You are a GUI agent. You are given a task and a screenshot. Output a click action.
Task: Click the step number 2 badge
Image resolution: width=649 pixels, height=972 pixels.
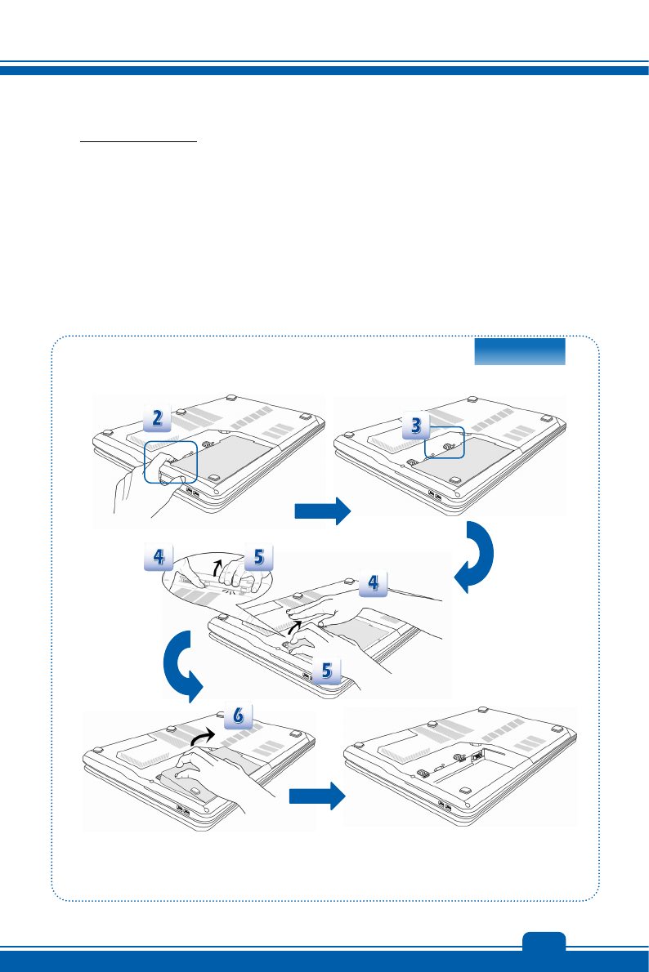pyautogui.click(x=158, y=419)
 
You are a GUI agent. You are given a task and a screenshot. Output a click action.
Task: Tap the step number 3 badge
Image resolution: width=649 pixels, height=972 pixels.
pyautogui.click(x=416, y=426)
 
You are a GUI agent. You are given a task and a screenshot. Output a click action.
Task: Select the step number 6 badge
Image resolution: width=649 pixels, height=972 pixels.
pyautogui.click(x=237, y=713)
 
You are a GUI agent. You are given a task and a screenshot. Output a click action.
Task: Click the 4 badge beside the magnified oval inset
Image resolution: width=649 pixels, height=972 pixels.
pyautogui.click(x=156, y=558)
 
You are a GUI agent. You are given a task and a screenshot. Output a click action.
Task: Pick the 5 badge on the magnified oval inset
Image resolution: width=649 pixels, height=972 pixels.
pyautogui.click(x=257, y=558)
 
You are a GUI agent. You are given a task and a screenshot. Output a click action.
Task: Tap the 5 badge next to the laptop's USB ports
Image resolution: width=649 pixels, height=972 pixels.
pyautogui.click(x=326, y=671)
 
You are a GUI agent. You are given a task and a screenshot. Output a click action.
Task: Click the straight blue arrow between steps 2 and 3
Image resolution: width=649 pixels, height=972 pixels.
pyautogui.click(x=322, y=511)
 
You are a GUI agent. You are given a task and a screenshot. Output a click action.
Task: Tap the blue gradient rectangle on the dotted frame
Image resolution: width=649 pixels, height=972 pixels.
pyautogui.click(x=520, y=351)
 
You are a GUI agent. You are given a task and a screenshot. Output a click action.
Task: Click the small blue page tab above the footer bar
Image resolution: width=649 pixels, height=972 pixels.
pyautogui.click(x=544, y=939)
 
